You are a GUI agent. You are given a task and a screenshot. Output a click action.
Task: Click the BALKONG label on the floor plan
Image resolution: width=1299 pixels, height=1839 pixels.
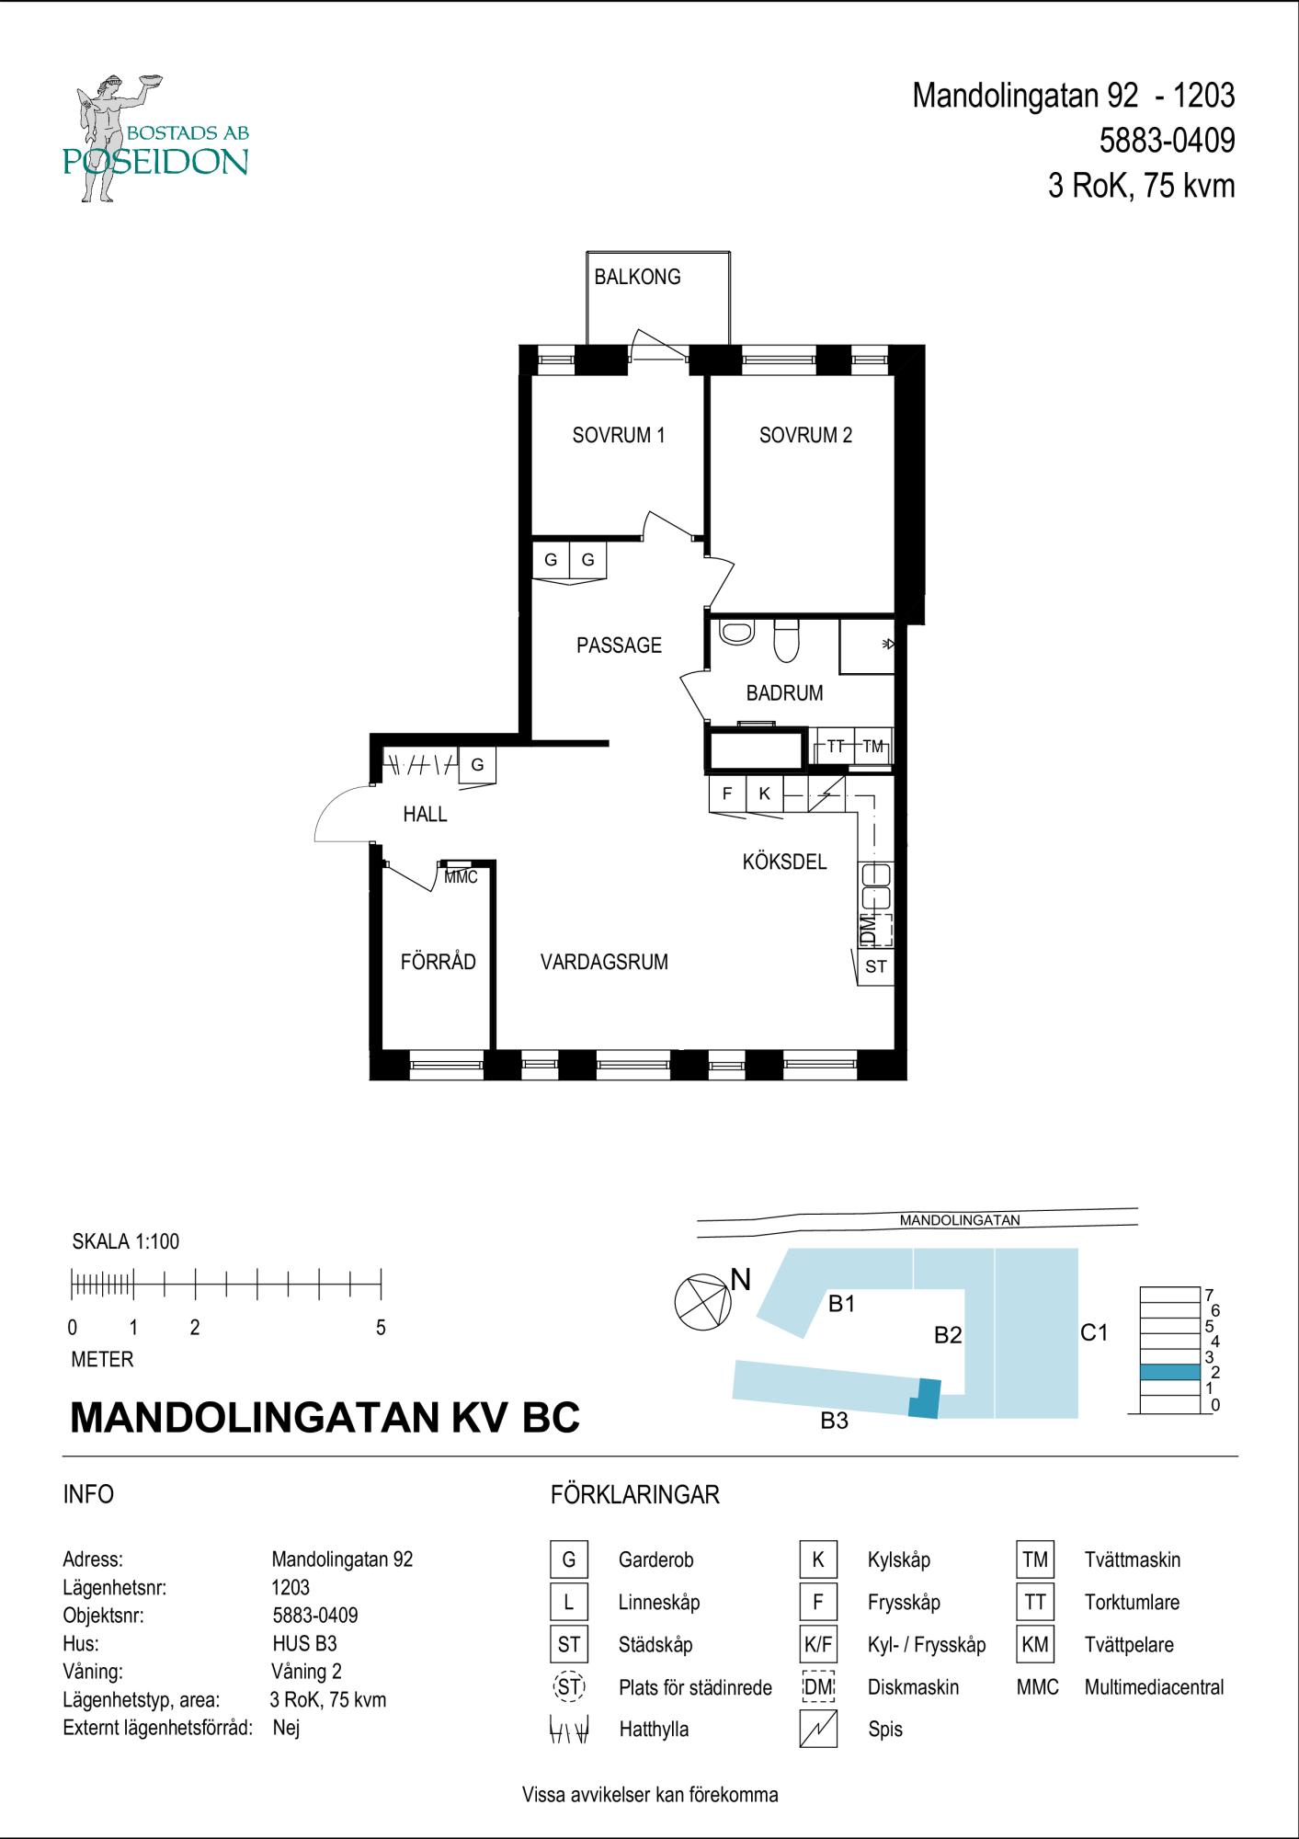pyautogui.click(x=637, y=277)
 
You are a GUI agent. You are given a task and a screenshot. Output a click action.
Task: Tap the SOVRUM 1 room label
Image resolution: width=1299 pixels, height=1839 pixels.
pyautogui.click(x=618, y=435)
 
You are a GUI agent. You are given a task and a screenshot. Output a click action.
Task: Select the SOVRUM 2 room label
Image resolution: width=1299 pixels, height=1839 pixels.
pyautogui.click(x=805, y=435)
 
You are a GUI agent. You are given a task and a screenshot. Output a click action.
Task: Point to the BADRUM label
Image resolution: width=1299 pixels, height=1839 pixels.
pyautogui.click(x=784, y=693)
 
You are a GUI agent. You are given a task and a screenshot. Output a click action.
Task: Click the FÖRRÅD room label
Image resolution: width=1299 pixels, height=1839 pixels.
pyautogui.click(x=438, y=961)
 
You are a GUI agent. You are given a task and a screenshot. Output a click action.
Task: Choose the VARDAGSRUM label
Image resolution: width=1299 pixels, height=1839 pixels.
pyautogui.click(x=604, y=963)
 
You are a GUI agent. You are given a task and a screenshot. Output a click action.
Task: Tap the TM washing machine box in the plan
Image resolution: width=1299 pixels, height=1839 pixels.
pyautogui.click(x=873, y=747)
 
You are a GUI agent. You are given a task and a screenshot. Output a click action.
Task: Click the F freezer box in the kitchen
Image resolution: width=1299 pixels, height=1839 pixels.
pyautogui.click(x=727, y=794)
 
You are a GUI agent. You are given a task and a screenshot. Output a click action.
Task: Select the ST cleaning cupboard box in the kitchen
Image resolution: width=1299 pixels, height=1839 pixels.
pyautogui.click(x=875, y=966)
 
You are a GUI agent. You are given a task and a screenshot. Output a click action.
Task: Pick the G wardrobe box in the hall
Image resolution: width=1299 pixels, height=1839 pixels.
pyautogui.click(x=477, y=765)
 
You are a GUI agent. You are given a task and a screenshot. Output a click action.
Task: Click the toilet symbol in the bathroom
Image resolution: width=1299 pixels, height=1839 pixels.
pyautogui.click(x=786, y=640)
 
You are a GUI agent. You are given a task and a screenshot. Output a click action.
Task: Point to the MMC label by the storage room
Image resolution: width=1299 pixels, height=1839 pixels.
pyautogui.click(x=461, y=877)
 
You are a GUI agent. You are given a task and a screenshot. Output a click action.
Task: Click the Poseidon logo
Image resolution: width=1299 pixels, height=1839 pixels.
pyautogui.click(x=156, y=138)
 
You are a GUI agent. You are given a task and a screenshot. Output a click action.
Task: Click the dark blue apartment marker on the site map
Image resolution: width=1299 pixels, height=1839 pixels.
pyautogui.click(x=925, y=1399)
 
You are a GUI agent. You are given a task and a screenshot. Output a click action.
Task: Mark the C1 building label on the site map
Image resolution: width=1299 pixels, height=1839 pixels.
pyautogui.click(x=1094, y=1332)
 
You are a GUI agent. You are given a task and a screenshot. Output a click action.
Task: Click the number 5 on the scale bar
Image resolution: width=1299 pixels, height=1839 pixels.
pyautogui.click(x=381, y=1328)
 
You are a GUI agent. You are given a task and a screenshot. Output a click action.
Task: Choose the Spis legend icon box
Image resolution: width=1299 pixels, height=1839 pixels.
pyautogui.click(x=818, y=1730)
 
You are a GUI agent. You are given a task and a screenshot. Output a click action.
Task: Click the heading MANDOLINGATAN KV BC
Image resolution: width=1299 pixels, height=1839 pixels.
pyautogui.click(x=325, y=1417)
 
